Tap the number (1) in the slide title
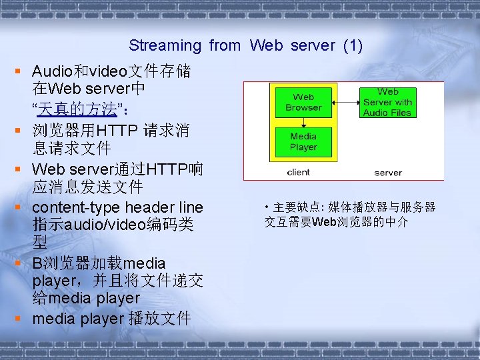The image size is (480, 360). pos(352,45)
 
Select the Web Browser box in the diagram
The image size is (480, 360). pos(303,102)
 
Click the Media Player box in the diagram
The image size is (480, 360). pos(303,141)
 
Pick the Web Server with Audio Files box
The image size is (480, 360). pos(387,102)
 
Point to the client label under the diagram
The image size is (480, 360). pos(298,172)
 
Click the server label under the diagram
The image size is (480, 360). pos(387,172)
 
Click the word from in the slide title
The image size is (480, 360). pos(225,45)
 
